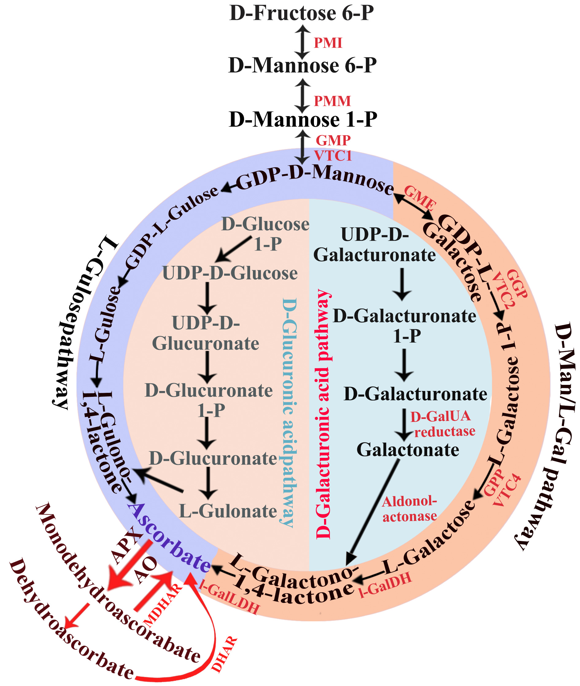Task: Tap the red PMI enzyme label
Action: click(x=328, y=43)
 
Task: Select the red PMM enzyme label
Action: click(x=332, y=101)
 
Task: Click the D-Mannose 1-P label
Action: click(x=303, y=120)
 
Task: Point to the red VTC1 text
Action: click(x=333, y=156)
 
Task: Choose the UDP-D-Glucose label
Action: click(x=230, y=273)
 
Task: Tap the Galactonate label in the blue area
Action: click(x=408, y=450)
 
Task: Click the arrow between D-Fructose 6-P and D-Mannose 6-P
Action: click(x=302, y=43)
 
